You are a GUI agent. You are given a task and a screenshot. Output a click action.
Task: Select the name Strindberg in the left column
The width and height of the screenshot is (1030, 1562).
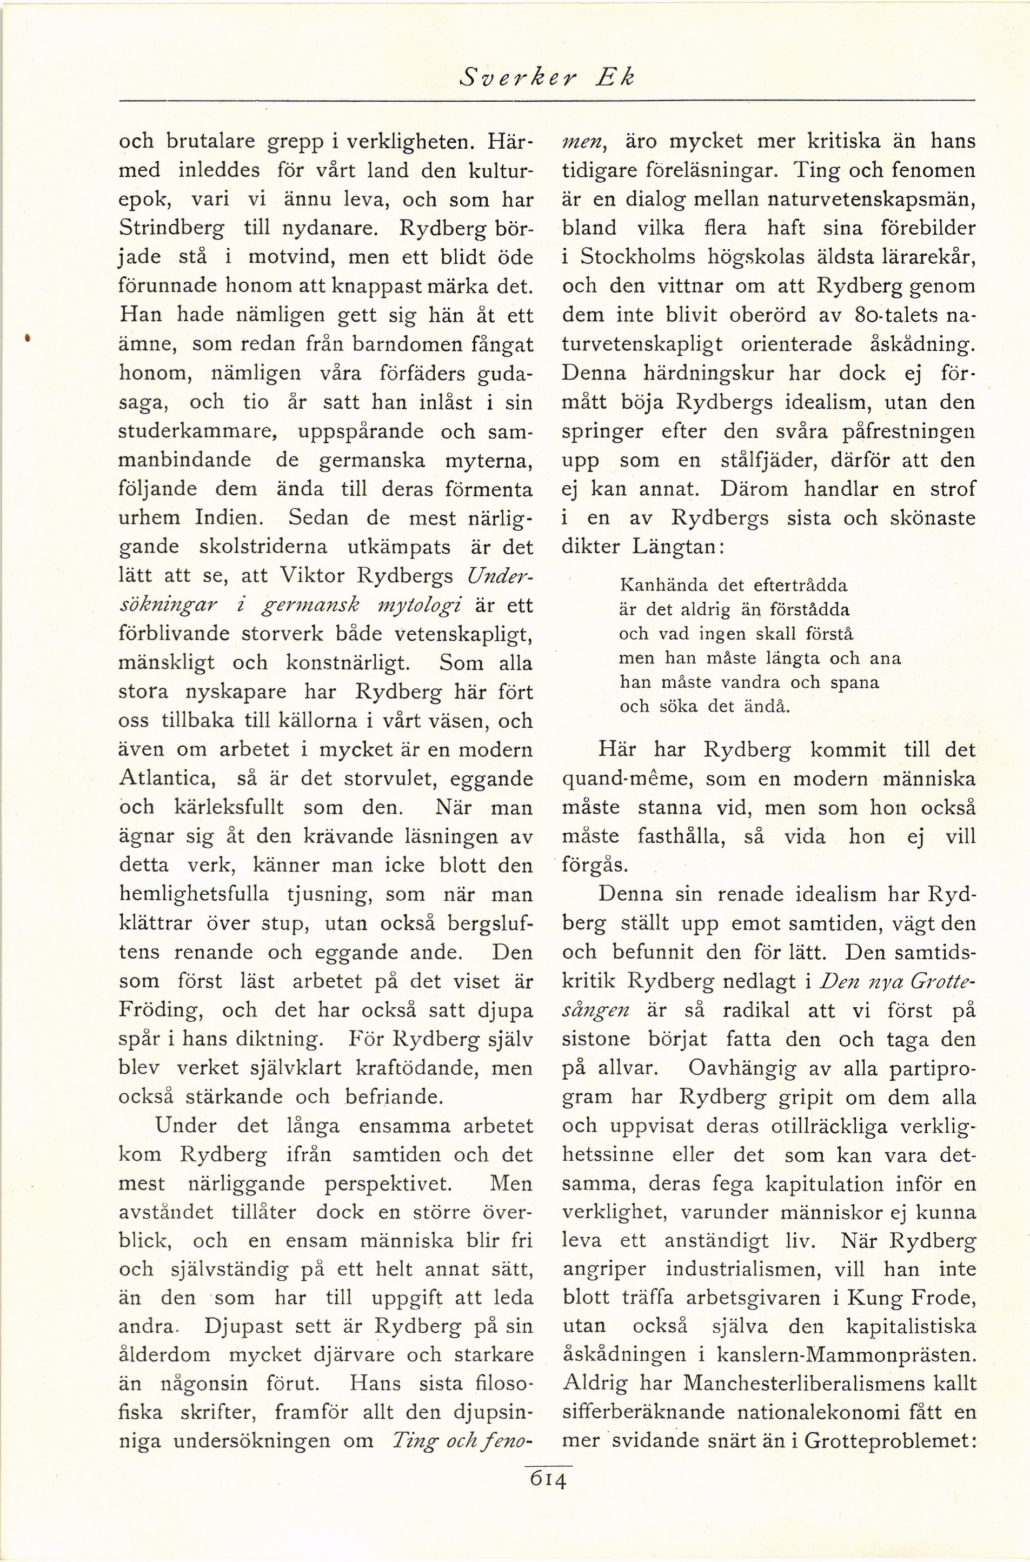(171, 228)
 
